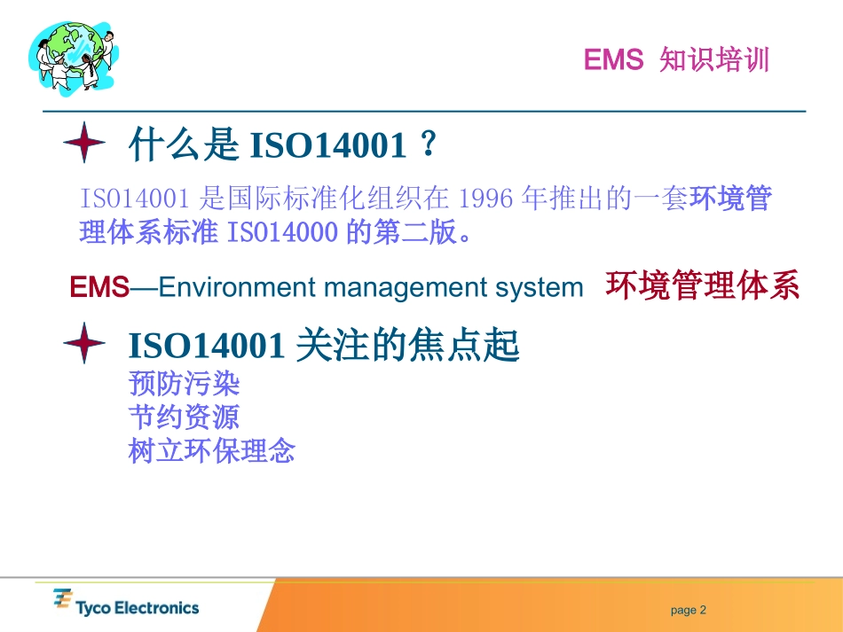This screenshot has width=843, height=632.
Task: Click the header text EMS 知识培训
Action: (676, 60)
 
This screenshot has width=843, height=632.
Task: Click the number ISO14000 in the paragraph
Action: (283, 232)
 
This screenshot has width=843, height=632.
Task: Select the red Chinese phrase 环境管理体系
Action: (702, 286)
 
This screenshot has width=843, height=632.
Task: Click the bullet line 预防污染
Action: (185, 384)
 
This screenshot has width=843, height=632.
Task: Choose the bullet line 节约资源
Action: (185, 417)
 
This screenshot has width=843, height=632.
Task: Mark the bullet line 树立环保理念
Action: (212, 450)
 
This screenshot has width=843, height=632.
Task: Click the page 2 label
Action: (689, 610)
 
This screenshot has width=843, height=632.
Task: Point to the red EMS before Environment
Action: (99, 287)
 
